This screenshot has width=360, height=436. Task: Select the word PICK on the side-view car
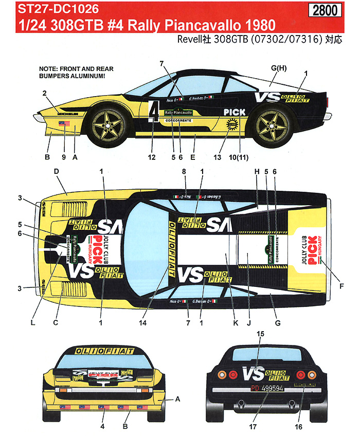pyautogui.click(x=235, y=112)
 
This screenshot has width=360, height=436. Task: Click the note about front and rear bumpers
pyautogui.click(x=76, y=72)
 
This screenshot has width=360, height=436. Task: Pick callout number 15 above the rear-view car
pyautogui.click(x=260, y=334)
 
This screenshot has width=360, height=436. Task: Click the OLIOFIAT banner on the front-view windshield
pyautogui.click(x=102, y=351)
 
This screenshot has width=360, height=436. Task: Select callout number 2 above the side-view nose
pyautogui.click(x=45, y=93)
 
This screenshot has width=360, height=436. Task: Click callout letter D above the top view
pyautogui.click(x=57, y=171)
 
